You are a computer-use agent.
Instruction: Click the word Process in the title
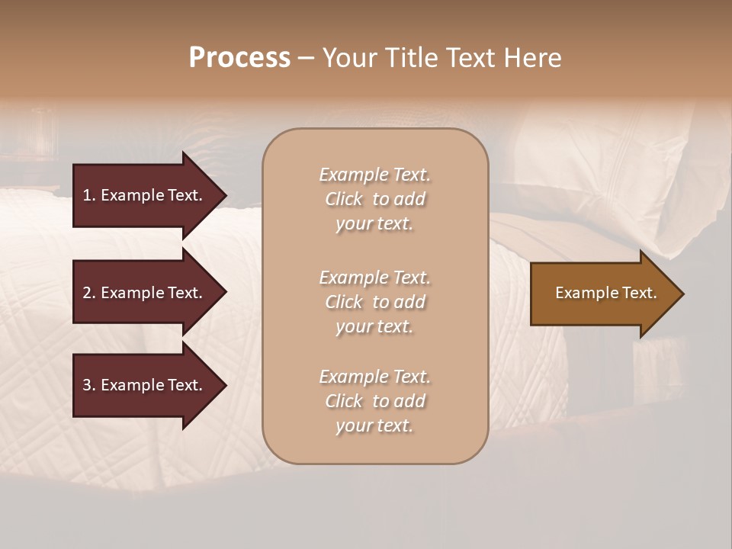pyautogui.click(x=239, y=57)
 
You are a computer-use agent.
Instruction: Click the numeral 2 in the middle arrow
pyautogui.click(x=87, y=293)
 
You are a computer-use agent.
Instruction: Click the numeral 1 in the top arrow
pyautogui.click(x=87, y=195)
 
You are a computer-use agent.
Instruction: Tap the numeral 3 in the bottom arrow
pyautogui.click(x=87, y=385)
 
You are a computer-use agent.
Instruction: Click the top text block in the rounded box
pyautogui.click(x=374, y=199)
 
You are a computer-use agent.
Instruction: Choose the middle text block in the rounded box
pyautogui.click(x=374, y=302)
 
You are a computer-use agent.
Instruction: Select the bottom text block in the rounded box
pyautogui.click(x=374, y=401)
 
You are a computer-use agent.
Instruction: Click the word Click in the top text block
pyautogui.click(x=344, y=199)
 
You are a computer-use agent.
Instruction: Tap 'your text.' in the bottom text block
pyautogui.click(x=374, y=425)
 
